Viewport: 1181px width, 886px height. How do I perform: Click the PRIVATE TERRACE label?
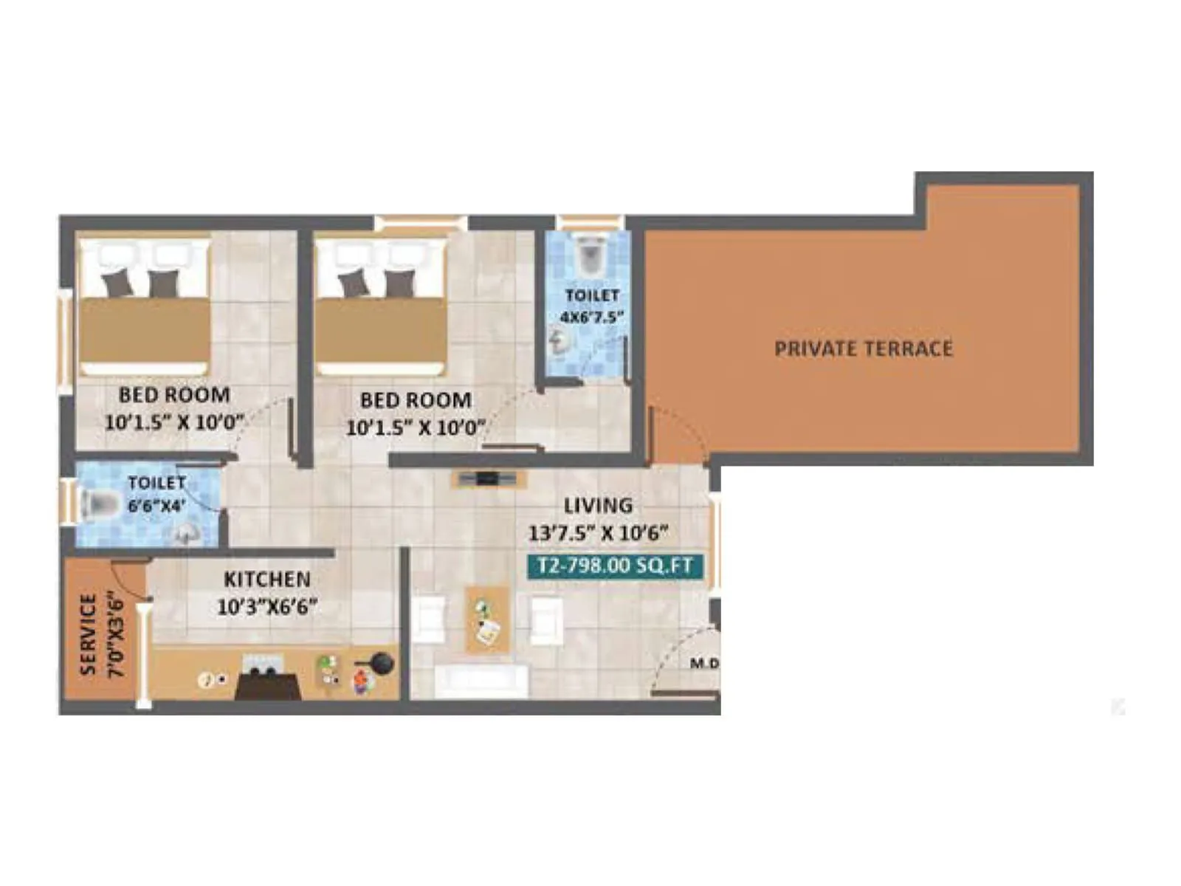tap(864, 348)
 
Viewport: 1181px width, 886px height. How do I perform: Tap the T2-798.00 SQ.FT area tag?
tap(615, 566)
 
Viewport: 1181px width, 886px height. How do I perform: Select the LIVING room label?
tap(598, 506)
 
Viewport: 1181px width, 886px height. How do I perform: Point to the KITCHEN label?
tap(267, 579)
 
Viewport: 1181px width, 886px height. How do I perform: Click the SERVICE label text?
tap(89, 634)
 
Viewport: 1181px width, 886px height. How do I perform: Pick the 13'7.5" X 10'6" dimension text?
tap(598, 532)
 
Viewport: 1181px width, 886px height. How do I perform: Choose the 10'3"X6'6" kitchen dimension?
tap(267, 607)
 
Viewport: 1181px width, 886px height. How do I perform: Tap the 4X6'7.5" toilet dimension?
tap(592, 317)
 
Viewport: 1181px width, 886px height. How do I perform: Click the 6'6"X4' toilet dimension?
tap(156, 507)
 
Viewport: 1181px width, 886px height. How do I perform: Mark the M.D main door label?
tap(704, 664)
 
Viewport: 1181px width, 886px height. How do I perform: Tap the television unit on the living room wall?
tap(488, 479)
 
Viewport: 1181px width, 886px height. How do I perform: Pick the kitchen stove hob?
tap(264, 673)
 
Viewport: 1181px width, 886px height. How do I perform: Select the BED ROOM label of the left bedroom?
tap(174, 395)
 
